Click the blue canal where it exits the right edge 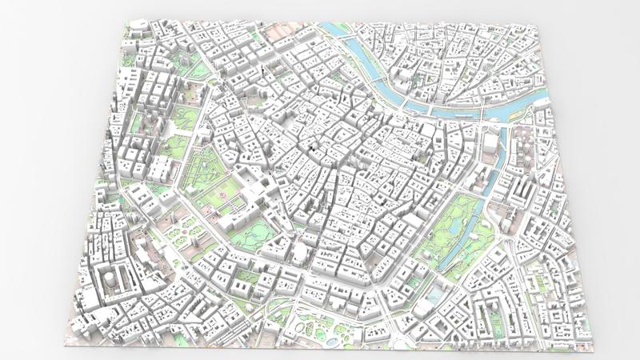point(544,100)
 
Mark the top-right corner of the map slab point(538,22)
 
